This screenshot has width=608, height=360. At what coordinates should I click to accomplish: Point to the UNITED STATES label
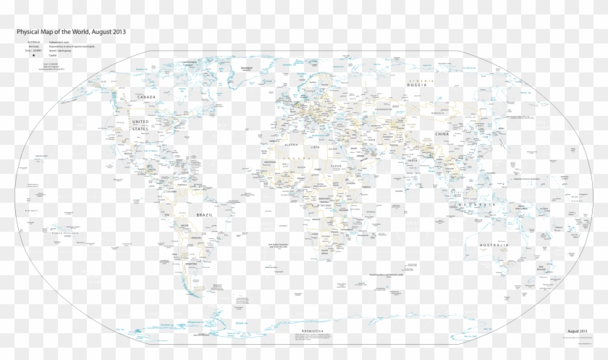coord(140,125)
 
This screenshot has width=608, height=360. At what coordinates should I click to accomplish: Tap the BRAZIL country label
coord(205,215)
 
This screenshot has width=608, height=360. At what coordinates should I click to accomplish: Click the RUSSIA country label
coord(418,85)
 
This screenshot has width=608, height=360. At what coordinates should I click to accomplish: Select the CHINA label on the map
coord(443,135)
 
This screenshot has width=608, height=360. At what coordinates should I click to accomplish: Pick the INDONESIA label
coord(476,206)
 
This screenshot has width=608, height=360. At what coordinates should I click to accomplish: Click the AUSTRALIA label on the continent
coord(494,246)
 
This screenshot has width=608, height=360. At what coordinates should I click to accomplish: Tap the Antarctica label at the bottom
coord(311,330)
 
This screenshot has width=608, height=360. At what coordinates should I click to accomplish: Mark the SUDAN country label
coord(337,165)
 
